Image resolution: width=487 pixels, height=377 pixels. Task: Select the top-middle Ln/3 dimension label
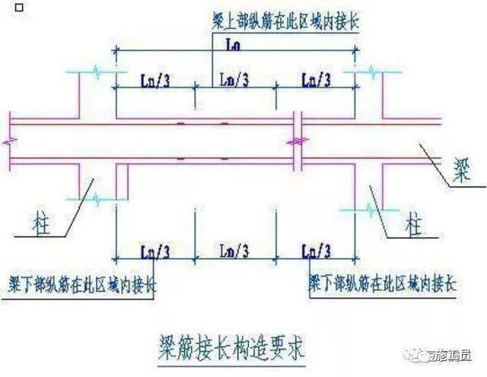(234, 78)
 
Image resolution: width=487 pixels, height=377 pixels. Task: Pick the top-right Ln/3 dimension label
(317, 78)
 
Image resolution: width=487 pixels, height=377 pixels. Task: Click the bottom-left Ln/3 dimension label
(154, 251)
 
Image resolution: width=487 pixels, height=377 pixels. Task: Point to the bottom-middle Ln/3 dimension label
(234, 251)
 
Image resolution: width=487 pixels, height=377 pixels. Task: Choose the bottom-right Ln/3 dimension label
(317, 251)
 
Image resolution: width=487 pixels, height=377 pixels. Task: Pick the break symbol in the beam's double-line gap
(299, 140)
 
